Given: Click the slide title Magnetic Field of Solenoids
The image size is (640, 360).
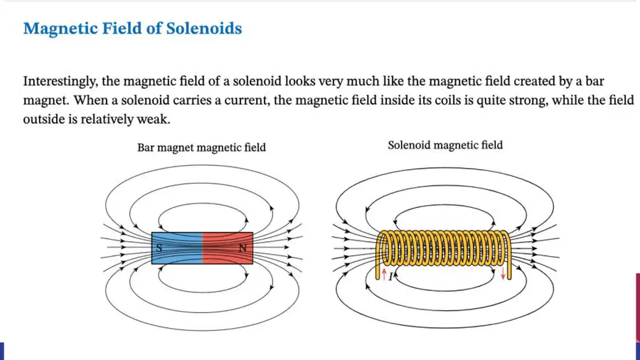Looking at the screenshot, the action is (x=133, y=28).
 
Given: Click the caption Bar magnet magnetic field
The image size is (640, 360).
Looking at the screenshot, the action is (x=201, y=147).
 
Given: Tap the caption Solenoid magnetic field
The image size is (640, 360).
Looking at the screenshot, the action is (x=445, y=145).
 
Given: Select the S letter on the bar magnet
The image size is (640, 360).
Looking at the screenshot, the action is (x=159, y=248).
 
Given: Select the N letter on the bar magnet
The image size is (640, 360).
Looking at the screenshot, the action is (x=243, y=248).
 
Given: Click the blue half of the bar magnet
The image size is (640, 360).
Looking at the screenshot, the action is (x=177, y=248).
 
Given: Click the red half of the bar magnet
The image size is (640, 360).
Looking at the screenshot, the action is (x=228, y=248).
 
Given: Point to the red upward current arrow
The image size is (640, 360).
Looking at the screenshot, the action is (x=384, y=273).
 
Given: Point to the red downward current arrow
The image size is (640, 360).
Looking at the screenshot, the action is (x=503, y=273).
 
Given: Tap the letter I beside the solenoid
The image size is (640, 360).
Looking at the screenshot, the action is (x=390, y=277).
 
